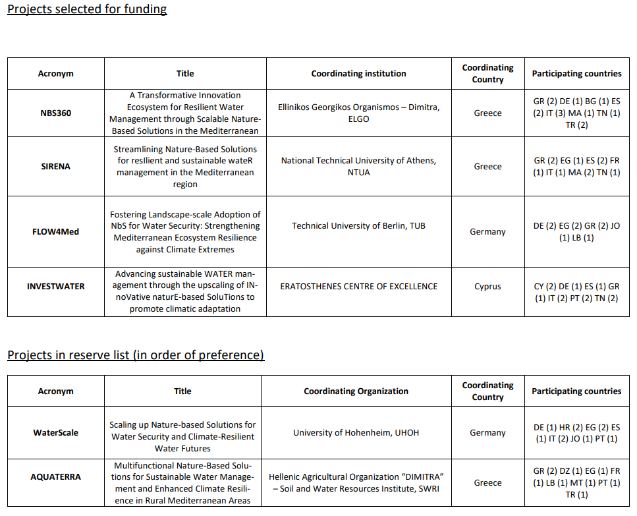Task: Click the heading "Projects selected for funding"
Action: click(x=87, y=9)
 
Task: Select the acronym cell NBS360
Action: click(x=55, y=113)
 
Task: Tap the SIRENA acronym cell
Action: click(x=55, y=167)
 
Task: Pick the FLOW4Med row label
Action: click(x=55, y=232)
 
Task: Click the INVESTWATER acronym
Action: click(x=55, y=287)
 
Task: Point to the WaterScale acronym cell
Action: click(x=55, y=433)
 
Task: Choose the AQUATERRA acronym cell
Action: click(x=55, y=476)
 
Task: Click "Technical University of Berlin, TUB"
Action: click(x=358, y=226)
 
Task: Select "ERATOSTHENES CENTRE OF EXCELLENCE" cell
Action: click(x=358, y=287)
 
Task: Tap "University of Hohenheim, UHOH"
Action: click(x=356, y=433)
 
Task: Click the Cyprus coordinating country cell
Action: click(x=487, y=287)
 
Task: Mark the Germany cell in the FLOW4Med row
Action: click(x=487, y=232)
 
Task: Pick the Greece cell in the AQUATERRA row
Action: click(x=487, y=483)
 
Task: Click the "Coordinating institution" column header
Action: click(x=358, y=74)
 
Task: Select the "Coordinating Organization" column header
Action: click(x=356, y=391)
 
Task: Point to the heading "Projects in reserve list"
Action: click(x=136, y=355)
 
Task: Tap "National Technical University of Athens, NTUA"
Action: click(x=358, y=167)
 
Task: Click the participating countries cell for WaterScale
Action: click(x=576, y=433)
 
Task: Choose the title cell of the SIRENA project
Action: click(x=185, y=167)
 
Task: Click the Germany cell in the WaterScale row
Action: click(x=487, y=433)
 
